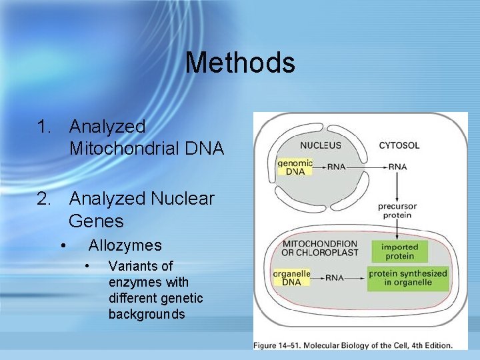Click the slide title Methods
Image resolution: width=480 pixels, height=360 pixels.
point(240,63)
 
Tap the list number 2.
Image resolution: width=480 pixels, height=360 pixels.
point(44,199)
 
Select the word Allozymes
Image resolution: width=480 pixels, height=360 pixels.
point(125,245)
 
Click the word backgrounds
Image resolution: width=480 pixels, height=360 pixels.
point(147,314)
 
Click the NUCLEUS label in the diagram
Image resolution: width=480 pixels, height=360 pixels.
point(320,145)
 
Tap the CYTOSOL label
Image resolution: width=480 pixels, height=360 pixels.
point(399,145)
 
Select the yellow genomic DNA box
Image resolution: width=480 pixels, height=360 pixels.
point(294,167)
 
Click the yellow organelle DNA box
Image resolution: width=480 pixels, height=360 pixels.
point(291,277)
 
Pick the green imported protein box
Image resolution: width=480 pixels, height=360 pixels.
point(399,251)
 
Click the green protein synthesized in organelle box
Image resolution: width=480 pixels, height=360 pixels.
point(407,277)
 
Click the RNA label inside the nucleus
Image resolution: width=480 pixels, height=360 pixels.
point(337,167)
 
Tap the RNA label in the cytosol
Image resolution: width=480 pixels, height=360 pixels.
point(398,167)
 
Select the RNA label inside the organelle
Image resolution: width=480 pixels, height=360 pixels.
point(337,277)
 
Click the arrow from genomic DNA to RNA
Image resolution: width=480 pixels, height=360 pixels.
point(318,167)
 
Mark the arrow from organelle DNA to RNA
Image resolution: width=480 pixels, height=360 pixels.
point(318,277)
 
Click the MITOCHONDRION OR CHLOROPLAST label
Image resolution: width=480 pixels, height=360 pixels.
point(320,248)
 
